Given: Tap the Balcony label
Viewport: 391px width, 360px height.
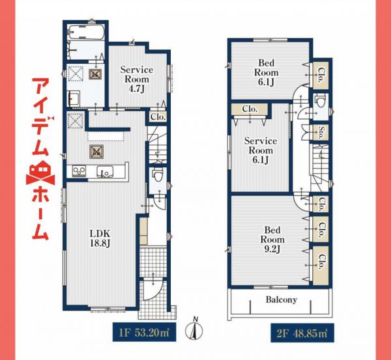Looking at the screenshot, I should pos(282,300).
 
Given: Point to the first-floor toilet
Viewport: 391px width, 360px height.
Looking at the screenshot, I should pos(156,174).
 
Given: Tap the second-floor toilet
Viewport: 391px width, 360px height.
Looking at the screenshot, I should pos(319,102).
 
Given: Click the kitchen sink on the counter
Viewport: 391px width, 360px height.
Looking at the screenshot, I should pos(104,172).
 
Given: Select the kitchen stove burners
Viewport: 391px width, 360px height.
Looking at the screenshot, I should pos(78,171).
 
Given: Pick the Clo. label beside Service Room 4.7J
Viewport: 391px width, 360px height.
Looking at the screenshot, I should pos(158,117).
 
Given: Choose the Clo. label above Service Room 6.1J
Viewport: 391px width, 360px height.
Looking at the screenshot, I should pos(249,109).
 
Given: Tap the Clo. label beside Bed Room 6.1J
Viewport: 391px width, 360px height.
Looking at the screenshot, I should pos(321,73).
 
